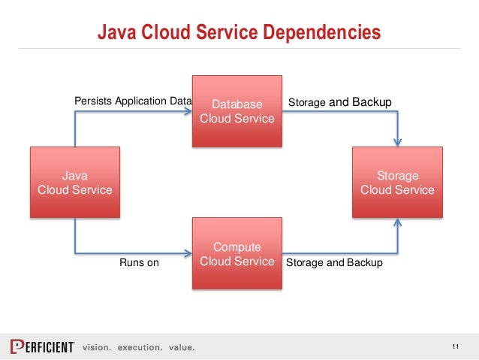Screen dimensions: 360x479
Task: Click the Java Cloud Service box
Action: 74,183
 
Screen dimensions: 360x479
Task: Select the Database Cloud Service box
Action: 237,110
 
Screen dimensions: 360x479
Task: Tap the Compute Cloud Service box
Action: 237,254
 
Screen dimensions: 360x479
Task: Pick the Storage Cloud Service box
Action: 397,183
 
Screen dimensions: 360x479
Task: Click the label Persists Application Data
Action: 132,101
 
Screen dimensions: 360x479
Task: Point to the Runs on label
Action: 140,263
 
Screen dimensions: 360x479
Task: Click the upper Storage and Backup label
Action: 339,101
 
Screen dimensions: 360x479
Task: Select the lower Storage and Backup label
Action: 334,263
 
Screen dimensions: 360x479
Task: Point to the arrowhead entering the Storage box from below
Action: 398,224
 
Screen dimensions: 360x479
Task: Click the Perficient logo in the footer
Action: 42,346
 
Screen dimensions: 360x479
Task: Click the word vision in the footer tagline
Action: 95,347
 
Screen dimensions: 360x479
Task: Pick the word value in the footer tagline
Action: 180,347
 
